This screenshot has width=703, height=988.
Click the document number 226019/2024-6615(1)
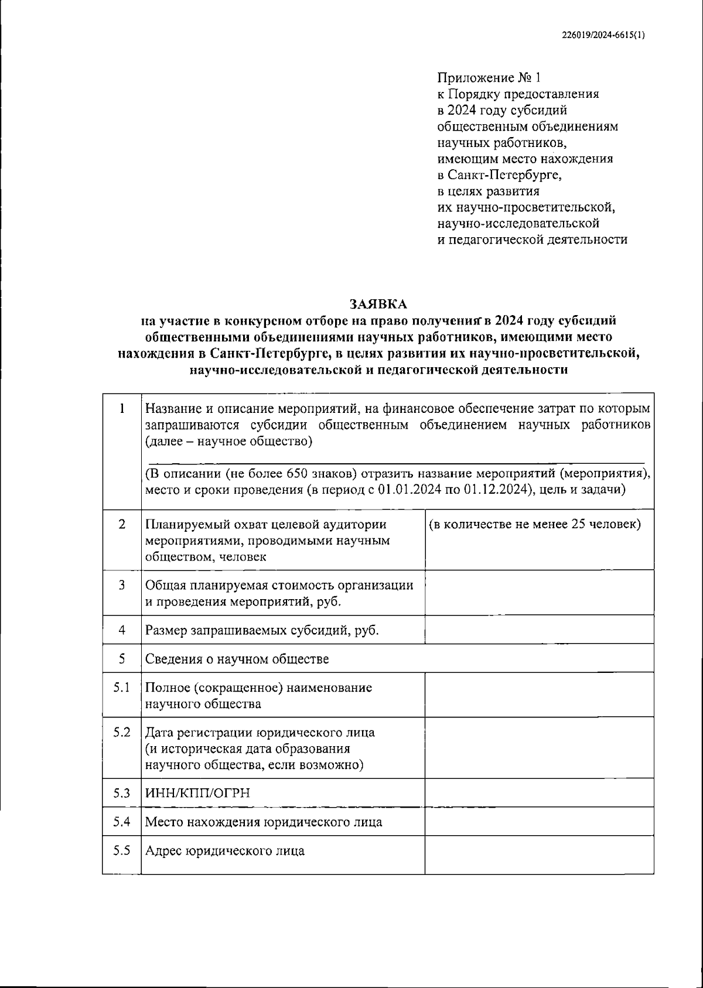(x=603, y=35)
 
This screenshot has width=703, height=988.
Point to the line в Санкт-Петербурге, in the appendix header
(x=499, y=175)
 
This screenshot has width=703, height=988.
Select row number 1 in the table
(x=122, y=409)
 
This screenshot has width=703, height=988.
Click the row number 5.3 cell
(x=122, y=793)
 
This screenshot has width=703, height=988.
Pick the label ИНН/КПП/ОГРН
(x=197, y=793)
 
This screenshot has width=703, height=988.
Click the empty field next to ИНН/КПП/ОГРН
(x=539, y=793)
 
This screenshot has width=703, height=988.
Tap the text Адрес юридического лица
(x=224, y=850)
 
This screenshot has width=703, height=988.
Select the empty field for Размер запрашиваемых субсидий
(x=539, y=630)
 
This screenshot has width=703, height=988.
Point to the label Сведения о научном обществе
(x=237, y=659)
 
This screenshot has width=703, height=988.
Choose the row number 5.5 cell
(x=122, y=850)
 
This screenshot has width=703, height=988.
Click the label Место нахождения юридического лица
(x=264, y=822)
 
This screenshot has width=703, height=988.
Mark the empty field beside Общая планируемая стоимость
(x=539, y=593)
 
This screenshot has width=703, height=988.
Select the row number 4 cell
(x=122, y=630)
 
